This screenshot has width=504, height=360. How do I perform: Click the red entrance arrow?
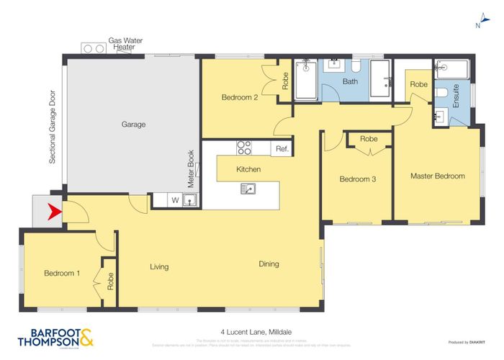coord(52,212)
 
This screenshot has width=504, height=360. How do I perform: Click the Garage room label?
coord(133,125)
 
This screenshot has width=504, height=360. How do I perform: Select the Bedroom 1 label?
coord(61,273)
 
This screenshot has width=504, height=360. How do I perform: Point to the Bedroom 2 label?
coord(240,97)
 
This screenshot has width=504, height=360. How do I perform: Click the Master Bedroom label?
coord(437,176)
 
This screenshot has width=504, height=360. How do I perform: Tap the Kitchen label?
coord(248,169)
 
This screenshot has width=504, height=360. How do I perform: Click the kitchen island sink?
coord(248,189)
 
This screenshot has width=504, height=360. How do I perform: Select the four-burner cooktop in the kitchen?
coord(244,148)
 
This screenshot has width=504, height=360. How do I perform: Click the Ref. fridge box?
coord(282,148)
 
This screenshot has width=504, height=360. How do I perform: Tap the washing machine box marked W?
coord(174,201)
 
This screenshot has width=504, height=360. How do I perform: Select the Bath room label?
coord(350,81)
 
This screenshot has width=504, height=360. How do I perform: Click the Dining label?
coord(269,264)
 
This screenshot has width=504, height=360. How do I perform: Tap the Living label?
coord(159,266)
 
